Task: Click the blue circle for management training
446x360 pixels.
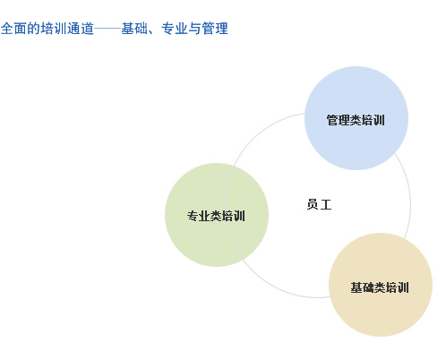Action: (x=356, y=118)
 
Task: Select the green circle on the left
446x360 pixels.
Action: (x=217, y=215)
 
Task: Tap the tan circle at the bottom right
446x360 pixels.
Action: (x=381, y=285)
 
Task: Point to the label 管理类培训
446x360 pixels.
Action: (x=356, y=120)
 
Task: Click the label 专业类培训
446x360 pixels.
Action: (x=216, y=216)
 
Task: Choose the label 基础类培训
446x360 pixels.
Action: (x=380, y=287)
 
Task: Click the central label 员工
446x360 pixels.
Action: (x=319, y=204)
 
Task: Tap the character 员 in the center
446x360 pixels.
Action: (x=313, y=204)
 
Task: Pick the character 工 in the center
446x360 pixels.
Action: (x=326, y=205)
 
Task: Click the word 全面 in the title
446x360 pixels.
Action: (x=13, y=29)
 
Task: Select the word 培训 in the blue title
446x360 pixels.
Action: (x=54, y=29)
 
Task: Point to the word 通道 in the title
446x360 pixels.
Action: (x=81, y=29)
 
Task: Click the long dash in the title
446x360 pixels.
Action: (x=107, y=29)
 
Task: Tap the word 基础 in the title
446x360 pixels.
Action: (x=134, y=29)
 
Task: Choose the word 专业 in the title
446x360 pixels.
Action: (x=175, y=29)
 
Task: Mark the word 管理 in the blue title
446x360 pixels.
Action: (x=215, y=29)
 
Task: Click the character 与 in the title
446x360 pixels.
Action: (x=194, y=29)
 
